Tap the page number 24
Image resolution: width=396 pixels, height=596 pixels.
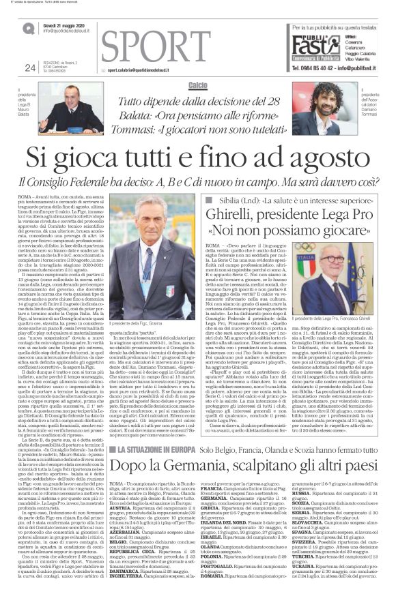pos(29,67)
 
